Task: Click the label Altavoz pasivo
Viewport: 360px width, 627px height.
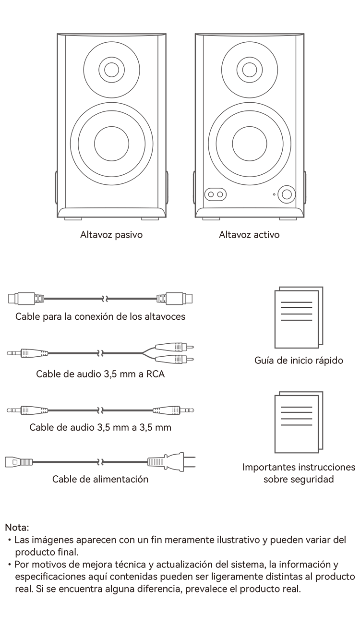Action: (111, 235)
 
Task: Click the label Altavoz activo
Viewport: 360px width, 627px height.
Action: (249, 235)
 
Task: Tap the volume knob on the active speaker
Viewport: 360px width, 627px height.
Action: (287, 194)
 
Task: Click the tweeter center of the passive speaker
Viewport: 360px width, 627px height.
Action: (112, 70)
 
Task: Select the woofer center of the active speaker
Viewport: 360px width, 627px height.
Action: (250, 144)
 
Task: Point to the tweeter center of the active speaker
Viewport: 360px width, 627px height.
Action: (250, 70)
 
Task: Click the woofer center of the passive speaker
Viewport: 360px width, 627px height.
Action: (112, 144)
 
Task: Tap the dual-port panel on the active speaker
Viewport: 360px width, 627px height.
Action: (216, 194)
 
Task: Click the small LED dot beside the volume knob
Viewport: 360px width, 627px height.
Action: (274, 194)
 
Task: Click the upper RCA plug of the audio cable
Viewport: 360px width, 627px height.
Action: (174, 348)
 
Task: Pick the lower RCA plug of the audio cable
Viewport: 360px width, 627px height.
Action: (174, 359)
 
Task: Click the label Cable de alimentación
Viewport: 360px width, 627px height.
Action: (100, 479)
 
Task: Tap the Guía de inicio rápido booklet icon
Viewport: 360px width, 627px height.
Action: (299, 317)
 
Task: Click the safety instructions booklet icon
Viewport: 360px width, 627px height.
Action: (299, 422)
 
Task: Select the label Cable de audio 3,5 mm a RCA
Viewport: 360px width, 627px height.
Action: (100, 374)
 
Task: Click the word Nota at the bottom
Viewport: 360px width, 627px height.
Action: (17, 528)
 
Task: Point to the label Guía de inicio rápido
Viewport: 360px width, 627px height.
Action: (299, 361)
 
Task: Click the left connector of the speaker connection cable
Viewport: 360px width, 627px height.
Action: (26, 299)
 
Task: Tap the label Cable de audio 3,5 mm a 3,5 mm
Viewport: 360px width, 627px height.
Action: (100, 427)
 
